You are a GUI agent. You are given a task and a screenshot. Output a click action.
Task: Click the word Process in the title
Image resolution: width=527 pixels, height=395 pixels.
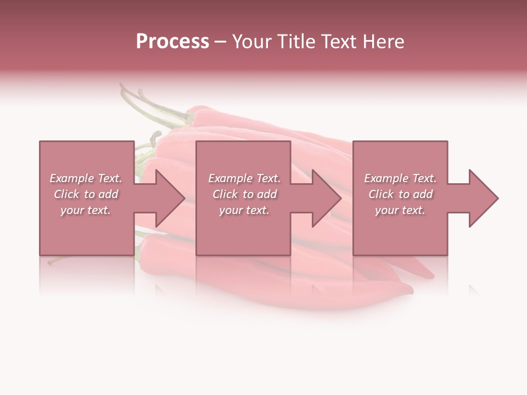point(172,42)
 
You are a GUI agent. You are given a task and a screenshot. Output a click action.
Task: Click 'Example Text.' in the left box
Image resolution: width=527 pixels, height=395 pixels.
point(86,178)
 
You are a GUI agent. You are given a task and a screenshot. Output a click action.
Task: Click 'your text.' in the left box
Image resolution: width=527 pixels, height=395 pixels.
point(86,210)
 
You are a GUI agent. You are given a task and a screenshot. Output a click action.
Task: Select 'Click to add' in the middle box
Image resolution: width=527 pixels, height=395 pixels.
point(244,194)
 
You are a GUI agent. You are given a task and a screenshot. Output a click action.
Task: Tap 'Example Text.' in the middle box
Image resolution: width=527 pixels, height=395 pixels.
point(244,178)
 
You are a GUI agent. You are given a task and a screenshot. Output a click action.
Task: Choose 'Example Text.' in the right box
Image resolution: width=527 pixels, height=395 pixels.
point(400,178)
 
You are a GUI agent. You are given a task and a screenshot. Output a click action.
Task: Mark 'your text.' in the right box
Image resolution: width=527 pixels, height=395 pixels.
point(400,210)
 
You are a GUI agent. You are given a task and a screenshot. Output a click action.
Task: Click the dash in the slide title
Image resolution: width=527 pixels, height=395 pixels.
point(220,42)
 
